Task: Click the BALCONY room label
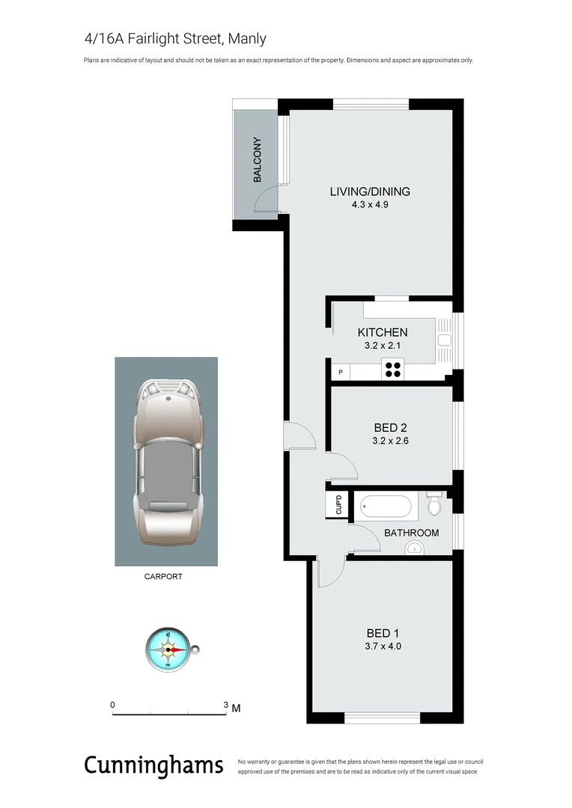pos(258,159)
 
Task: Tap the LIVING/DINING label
pos(370,192)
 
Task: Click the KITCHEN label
pos(383,332)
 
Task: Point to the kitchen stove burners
pos(393,367)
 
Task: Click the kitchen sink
pos(444,340)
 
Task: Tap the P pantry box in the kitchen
pos(341,372)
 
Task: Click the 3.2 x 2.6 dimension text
pos(390,441)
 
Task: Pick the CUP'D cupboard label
pos(338,504)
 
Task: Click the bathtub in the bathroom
pos(385,507)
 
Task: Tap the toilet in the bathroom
pos(433,505)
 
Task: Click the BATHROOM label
pos(411,533)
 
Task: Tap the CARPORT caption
pos(163,577)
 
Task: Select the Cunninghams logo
pos(153,765)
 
